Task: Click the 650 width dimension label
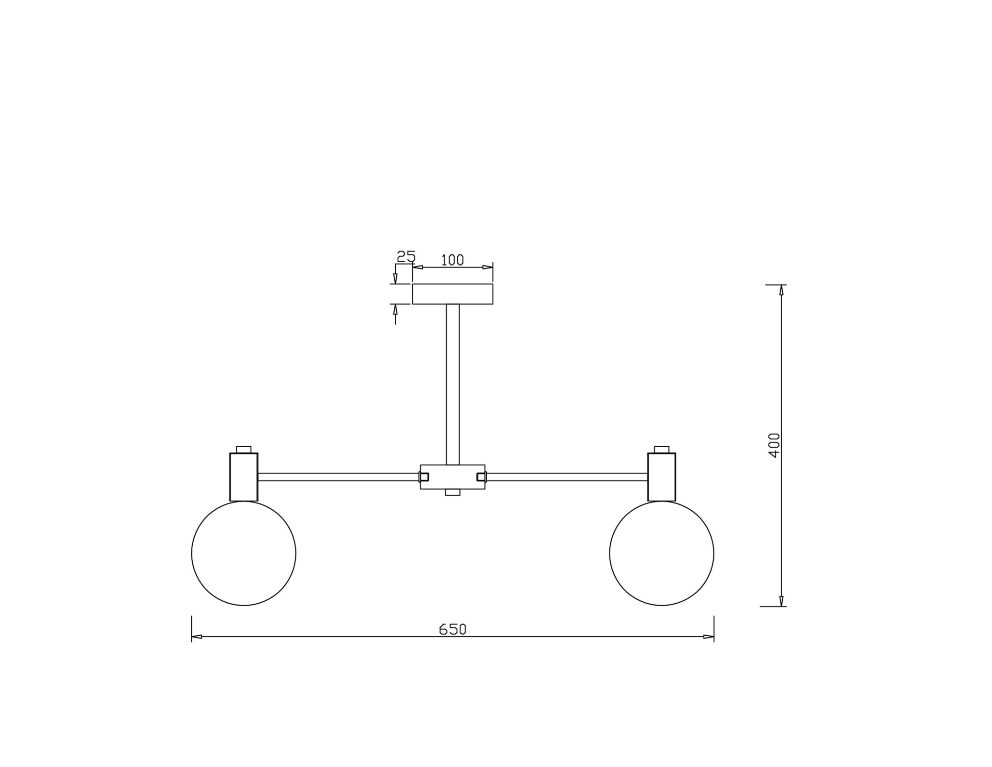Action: click(x=452, y=629)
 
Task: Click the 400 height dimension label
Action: click(x=774, y=445)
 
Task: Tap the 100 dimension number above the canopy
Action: click(x=452, y=260)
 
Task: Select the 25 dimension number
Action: click(x=406, y=256)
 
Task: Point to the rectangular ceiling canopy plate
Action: click(x=452, y=294)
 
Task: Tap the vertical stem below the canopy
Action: click(x=453, y=384)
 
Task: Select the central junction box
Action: click(x=452, y=477)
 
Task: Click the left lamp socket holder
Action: click(x=244, y=477)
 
